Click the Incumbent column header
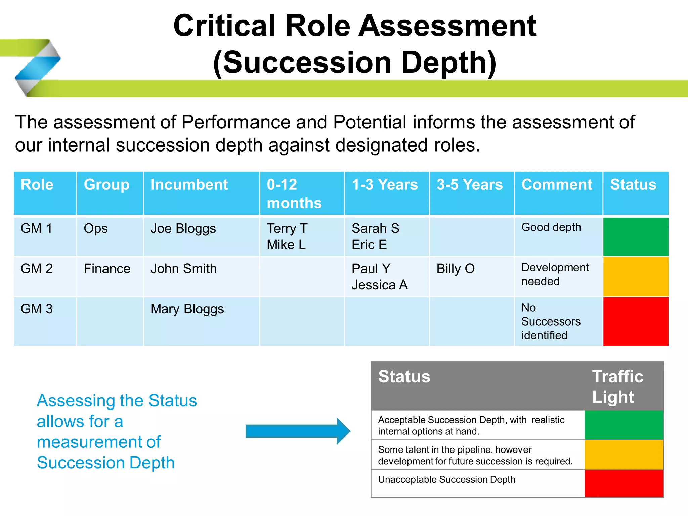tap(189, 185)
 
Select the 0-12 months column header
tap(294, 194)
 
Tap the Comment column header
tap(557, 185)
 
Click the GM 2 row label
tap(37, 269)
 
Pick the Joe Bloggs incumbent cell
tap(183, 229)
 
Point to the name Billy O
tap(456, 269)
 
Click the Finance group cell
tap(107, 269)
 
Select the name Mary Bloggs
tap(187, 309)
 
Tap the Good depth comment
tap(551, 227)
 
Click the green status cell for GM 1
tap(636, 237)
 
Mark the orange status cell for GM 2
tap(636, 277)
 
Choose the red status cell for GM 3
tap(636, 321)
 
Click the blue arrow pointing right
tap(298, 431)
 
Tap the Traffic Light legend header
tap(617, 387)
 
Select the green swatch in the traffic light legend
tap(624, 425)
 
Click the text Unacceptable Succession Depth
tap(446, 480)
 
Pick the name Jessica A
tap(380, 285)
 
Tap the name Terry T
tap(287, 229)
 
